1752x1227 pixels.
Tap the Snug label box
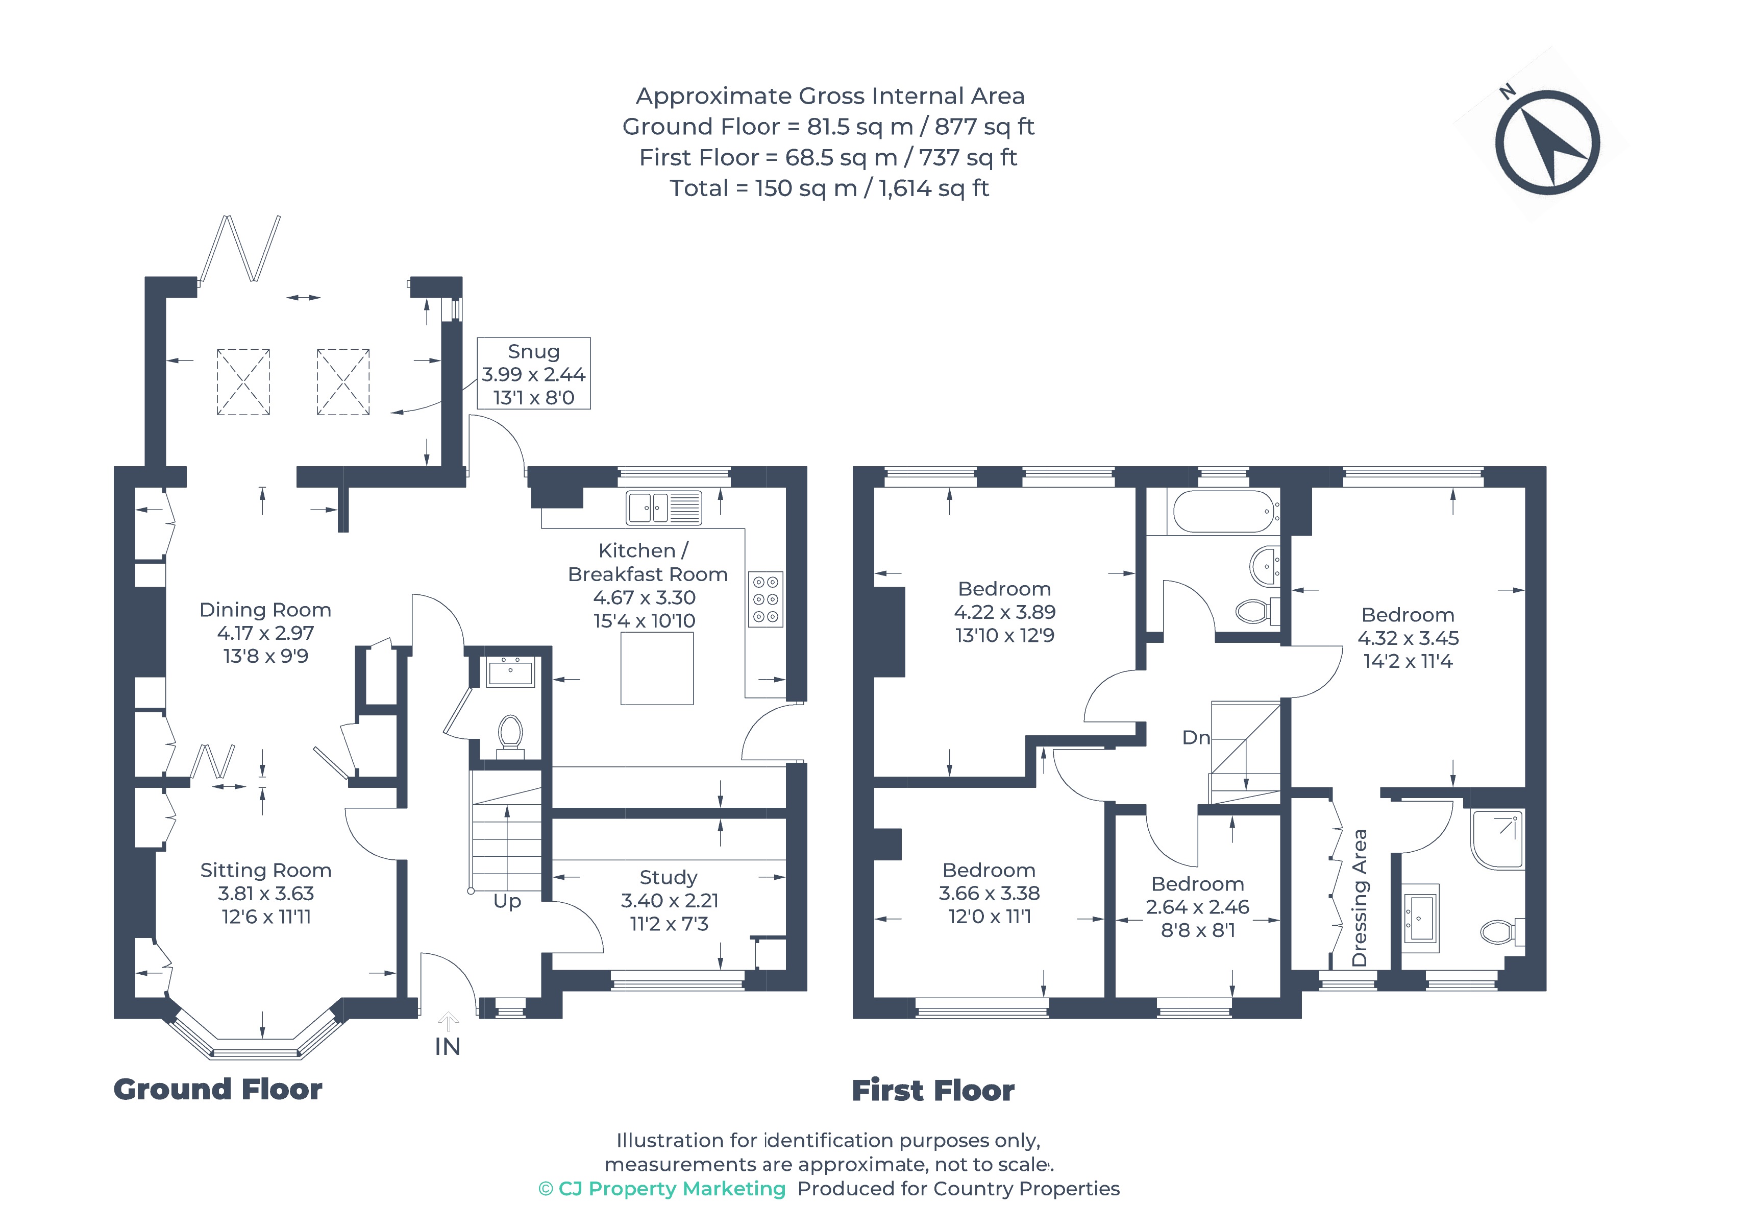533,373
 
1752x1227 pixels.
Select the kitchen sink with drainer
663,508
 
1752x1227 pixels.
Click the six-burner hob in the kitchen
766,599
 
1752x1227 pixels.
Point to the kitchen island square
656,669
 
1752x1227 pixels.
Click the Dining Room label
265,610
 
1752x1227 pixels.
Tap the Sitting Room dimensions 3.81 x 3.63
265,894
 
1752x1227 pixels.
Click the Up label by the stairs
507,902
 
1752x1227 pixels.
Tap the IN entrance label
447,1047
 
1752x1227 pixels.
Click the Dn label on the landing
1196,737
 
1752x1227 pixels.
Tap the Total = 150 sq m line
829,188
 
